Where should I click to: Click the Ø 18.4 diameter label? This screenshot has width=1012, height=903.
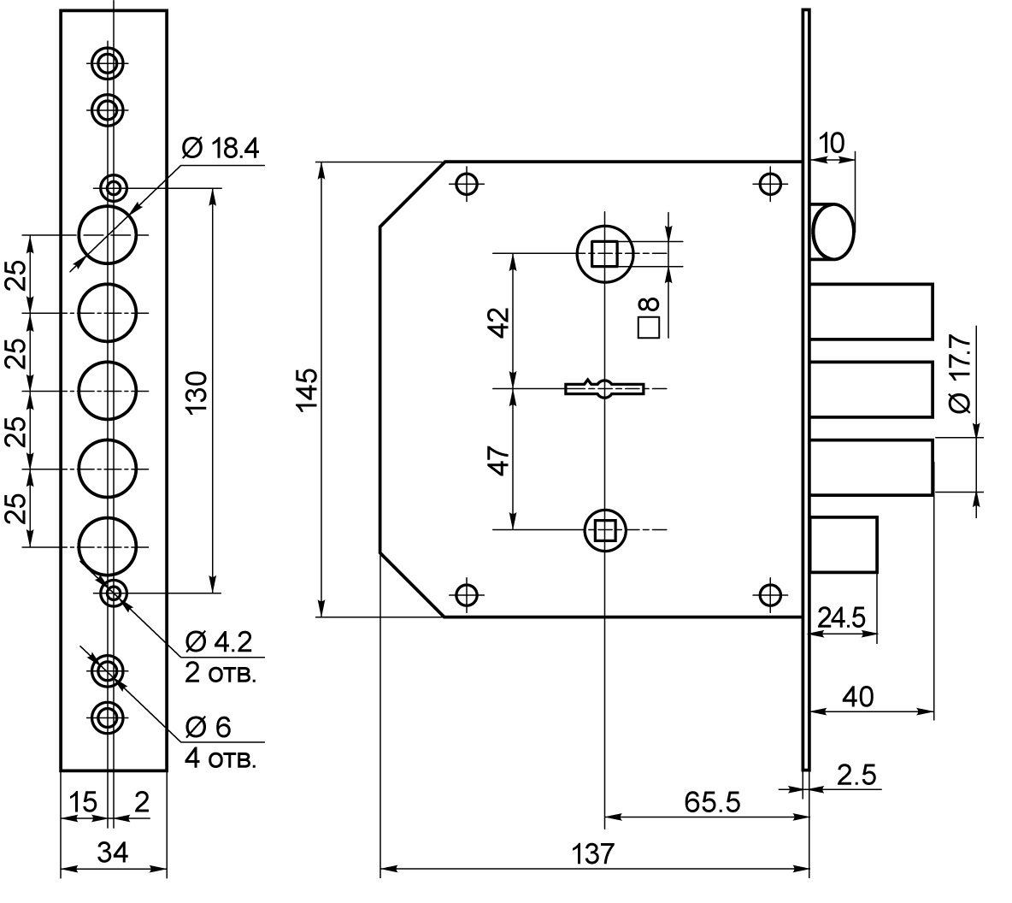(x=221, y=148)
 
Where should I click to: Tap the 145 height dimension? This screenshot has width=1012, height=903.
(x=307, y=389)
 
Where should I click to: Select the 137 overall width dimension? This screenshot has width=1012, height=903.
(x=593, y=854)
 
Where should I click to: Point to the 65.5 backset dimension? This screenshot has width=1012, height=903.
(x=712, y=802)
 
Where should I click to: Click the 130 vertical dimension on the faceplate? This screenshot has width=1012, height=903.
(x=197, y=392)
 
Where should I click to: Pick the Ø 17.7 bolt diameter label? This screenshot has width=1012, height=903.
(x=961, y=374)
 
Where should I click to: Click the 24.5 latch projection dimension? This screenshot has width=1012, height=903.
(x=841, y=618)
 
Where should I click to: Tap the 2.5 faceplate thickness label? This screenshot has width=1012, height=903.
(x=856, y=775)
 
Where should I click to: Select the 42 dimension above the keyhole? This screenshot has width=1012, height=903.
(x=500, y=322)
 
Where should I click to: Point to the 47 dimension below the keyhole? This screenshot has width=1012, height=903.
(x=500, y=460)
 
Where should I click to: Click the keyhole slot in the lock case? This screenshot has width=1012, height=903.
(x=604, y=388)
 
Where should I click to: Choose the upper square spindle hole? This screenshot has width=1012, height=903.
(x=605, y=254)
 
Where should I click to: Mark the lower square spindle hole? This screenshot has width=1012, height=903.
(x=605, y=530)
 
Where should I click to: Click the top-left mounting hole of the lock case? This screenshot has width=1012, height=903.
(x=467, y=184)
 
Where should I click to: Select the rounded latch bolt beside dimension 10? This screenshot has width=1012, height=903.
(x=833, y=231)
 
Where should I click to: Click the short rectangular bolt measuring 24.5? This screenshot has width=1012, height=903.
(x=844, y=545)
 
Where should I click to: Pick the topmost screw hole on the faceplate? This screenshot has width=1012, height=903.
(x=108, y=63)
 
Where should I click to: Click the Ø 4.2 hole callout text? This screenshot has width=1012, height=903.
(x=219, y=642)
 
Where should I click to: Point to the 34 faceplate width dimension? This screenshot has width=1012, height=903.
(x=113, y=853)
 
